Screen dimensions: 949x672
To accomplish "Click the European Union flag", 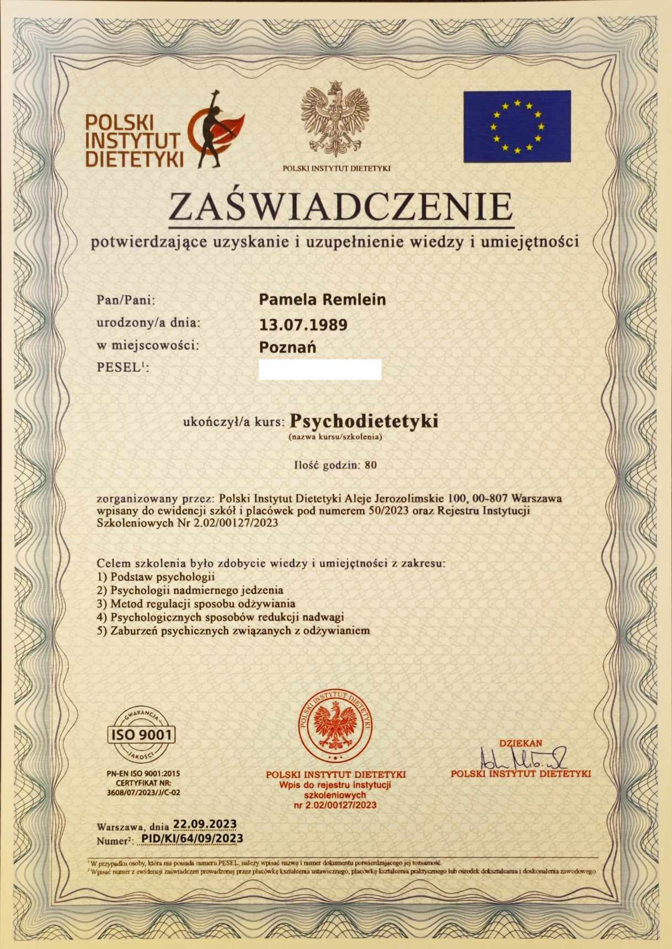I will coord(517,126).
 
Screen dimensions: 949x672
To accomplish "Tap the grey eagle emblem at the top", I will coord(335,121).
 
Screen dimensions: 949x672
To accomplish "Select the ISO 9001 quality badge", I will coord(142,734).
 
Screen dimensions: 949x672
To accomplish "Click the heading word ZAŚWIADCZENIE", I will coord(340,207).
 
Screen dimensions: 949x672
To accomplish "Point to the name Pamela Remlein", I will coord(322,300).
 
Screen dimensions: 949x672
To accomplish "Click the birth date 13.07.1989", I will coord(303,324).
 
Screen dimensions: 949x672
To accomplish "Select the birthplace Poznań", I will coord(287,348).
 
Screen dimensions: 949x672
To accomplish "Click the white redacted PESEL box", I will coord(320,370).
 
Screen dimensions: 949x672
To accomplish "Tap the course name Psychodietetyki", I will coord(364,421).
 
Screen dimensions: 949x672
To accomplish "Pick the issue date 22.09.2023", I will coord(205,824).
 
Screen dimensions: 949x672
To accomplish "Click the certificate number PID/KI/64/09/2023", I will coord(192,839).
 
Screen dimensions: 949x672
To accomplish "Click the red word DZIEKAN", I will coord(520,743).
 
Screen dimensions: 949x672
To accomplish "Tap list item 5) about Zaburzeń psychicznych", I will coord(233,630).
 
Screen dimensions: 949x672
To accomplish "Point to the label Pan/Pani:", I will coord(126,301).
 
